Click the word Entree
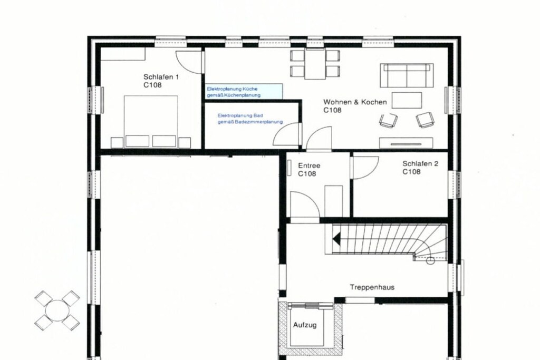pyautogui.click(x=309, y=166)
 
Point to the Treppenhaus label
pyautogui.click(x=372, y=287)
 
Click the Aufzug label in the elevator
pyautogui.click(x=305, y=325)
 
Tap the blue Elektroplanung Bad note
pyautogui.click(x=250, y=119)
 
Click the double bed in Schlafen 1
pyautogui.click(x=151, y=122)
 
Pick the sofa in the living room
pyautogui.click(x=407, y=75)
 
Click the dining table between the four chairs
pyautogui.click(x=315, y=64)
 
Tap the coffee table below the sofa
pyautogui.click(x=407, y=100)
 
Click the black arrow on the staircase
pyautogui.click(x=336, y=239)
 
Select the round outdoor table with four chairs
pyautogui.click(x=57, y=310)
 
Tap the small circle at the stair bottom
pyautogui.click(x=430, y=261)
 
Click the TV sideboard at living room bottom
pyautogui.click(x=406, y=143)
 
